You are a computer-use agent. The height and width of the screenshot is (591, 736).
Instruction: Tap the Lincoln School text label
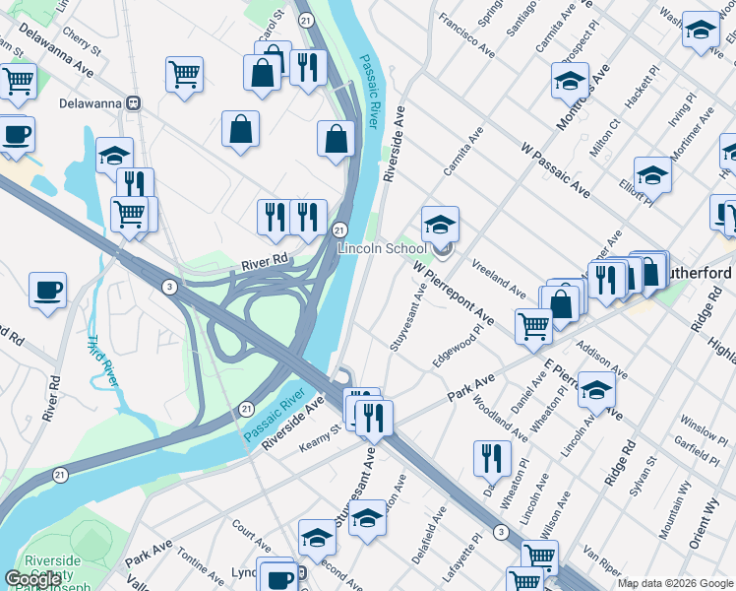383,249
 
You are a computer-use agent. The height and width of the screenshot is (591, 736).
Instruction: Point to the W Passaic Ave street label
556,167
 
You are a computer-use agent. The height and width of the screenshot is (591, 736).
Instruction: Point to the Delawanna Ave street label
55,58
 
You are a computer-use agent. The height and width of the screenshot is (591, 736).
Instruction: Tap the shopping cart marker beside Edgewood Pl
533,324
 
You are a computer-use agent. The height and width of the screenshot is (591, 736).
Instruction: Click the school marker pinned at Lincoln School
440,223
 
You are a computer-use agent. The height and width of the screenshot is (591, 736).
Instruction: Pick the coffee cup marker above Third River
47,290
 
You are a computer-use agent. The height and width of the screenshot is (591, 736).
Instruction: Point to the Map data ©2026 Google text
674,583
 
